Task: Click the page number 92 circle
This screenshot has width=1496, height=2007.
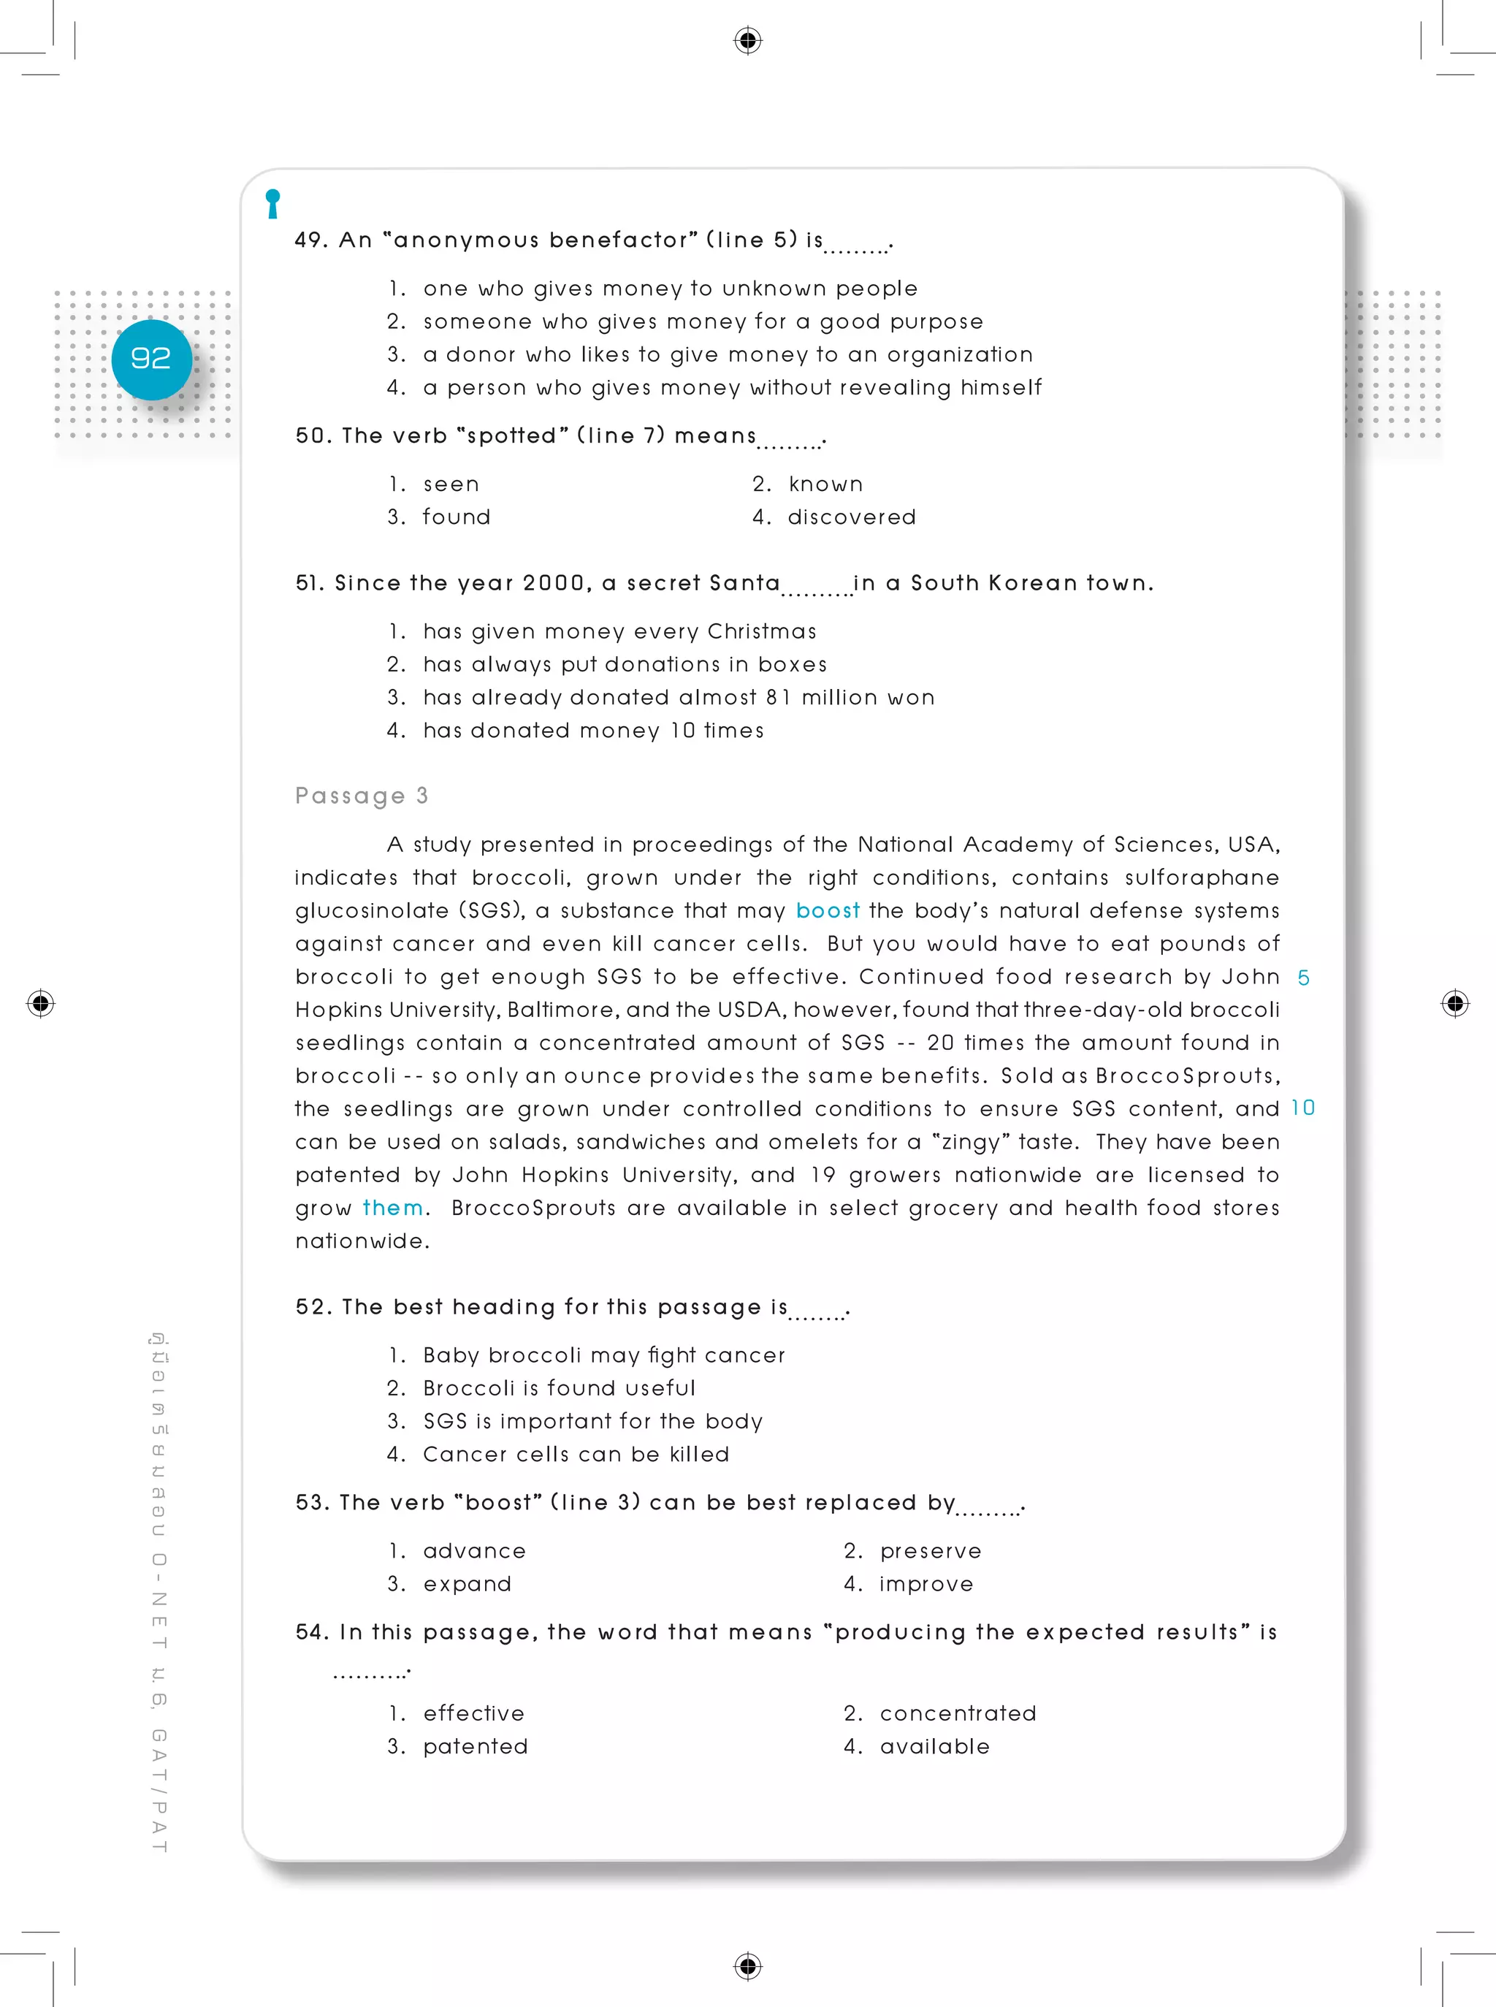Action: [x=151, y=359]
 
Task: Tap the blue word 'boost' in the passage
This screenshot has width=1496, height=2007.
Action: [x=827, y=910]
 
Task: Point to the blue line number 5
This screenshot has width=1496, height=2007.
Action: [x=1303, y=978]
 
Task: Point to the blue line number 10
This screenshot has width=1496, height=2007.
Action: [x=1302, y=1108]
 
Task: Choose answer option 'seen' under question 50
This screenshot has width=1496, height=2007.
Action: [x=451, y=484]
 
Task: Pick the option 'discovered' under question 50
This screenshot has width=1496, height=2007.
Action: [x=851, y=517]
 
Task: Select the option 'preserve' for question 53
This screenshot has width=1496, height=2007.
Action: [x=930, y=1550]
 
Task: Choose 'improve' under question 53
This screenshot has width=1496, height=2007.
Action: [x=926, y=1584]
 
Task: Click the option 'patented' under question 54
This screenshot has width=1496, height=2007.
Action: [x=475, y=1746]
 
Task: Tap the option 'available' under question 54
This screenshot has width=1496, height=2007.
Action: [x=934, y=1746]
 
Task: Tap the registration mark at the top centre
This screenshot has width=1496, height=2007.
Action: [x=747, y=41]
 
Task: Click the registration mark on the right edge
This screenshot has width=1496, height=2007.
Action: [x=1454, y=1004]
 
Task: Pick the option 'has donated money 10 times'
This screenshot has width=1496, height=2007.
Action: [x=592, y=731]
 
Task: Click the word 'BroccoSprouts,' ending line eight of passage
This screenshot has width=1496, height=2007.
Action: [x=1187, y=1076]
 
